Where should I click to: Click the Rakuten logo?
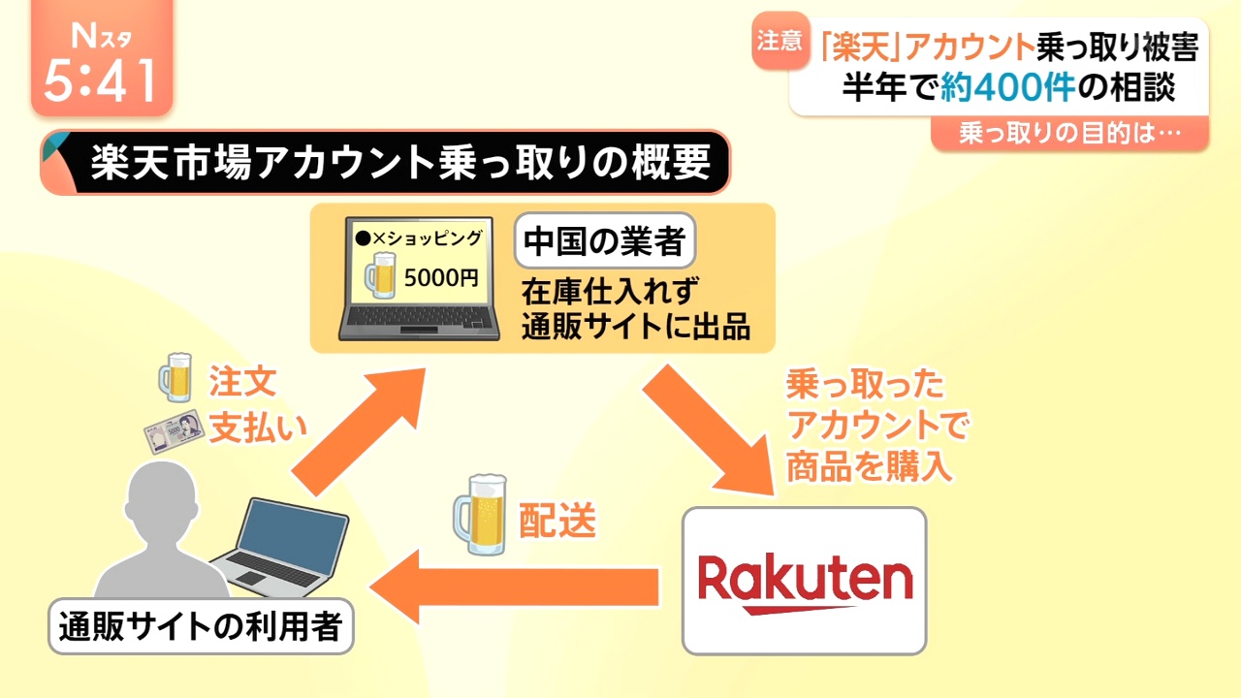[x=805, y=582]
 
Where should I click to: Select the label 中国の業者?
[x=605, y=240]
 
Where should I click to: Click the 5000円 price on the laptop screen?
[x=441, y=278]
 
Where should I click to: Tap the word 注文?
[x=243, y=382]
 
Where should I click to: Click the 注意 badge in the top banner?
[x=780, y=42]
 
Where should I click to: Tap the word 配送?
[x=557, y=522]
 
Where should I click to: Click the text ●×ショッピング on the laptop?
[x=418, y=238]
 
